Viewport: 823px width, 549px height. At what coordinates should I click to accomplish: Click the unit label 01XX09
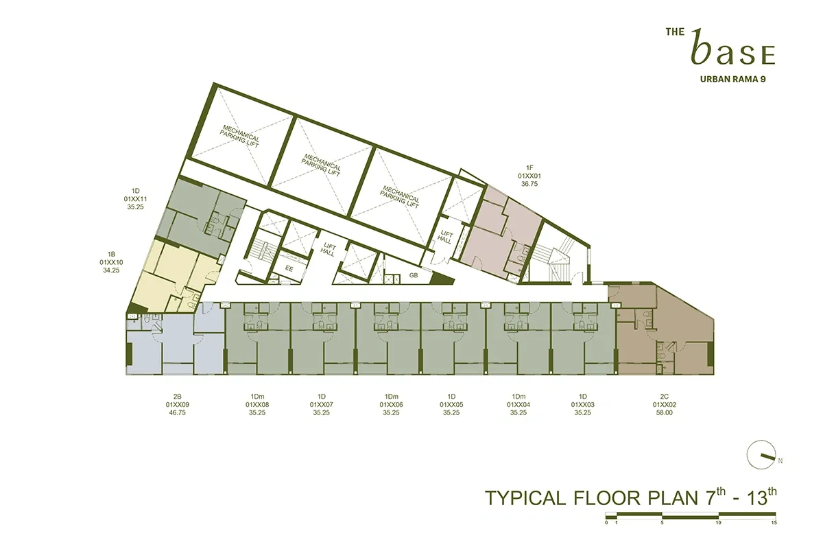[x=178, y=405]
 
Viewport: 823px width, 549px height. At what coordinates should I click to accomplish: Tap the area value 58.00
[x=664, y=413]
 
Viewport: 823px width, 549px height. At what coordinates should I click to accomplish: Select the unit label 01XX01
[x=529, y=176]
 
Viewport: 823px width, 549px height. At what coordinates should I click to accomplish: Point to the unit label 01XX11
[x=136, y=198]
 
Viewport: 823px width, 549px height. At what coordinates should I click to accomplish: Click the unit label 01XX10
[x=110, y=262]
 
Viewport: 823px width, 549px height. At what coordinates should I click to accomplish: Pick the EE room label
[x=289, y=269]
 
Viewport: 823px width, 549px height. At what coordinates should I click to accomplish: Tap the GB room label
[x=414, y=275]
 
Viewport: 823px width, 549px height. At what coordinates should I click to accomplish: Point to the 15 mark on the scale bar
[x=773, y=522]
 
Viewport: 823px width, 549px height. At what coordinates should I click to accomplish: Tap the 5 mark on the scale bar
[x=662, y=522]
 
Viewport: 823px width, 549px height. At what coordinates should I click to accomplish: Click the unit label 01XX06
[x=392, y=405]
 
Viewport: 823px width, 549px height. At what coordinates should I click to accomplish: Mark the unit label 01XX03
[x=582, y=405]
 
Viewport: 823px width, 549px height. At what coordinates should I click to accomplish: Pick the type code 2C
[x=664, y=397]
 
